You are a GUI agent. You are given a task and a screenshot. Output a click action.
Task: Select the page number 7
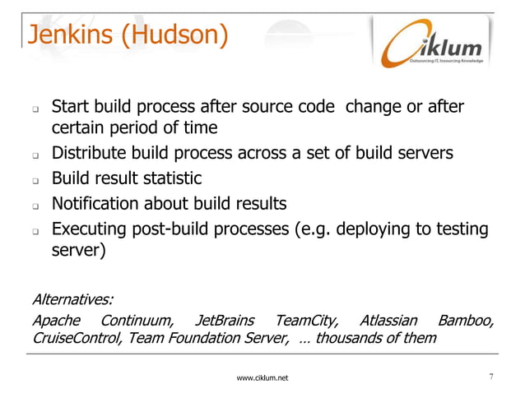pyautogui.click(x=490, y=377)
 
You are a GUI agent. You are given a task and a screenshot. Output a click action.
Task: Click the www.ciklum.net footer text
pyautogui.click(x=262, y=378)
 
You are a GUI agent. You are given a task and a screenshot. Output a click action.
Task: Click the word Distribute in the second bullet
pyautogui.click(x=91, y=154)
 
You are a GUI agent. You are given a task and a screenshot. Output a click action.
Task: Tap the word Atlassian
pyautogui.click(x=388, y=321)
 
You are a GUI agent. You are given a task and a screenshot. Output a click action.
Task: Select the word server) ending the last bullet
pyautogui.click(x=79, y=252)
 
